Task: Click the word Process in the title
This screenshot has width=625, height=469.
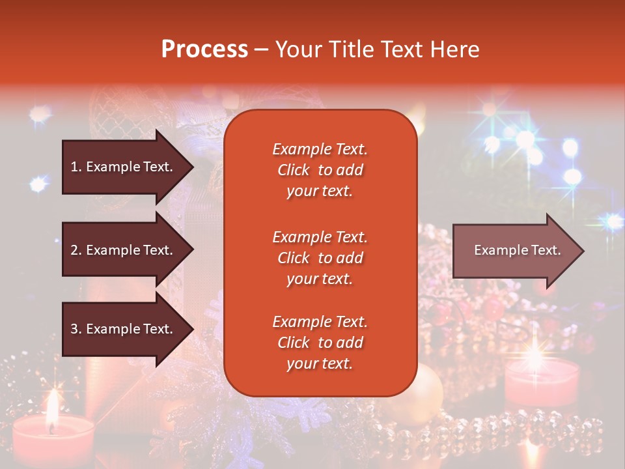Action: pyautogui.click(x=204, y=50)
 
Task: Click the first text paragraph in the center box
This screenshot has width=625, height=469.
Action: pyautogui.click(x=320, y=170)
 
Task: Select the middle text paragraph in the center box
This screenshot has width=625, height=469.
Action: pyautogui.click(x=320, y=258)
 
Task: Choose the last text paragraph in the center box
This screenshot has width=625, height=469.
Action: pyautogui.click(x=320, y=343)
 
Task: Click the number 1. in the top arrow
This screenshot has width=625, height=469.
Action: pyautogui.click(x=76, y=167)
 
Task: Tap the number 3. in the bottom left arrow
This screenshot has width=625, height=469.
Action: pyautogui.click(x=76, y=329)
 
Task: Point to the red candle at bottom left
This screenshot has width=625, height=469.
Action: pyautogui.click(x=52, y=440)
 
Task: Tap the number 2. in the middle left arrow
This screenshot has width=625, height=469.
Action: pyautogui.click(x=76, y=250)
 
